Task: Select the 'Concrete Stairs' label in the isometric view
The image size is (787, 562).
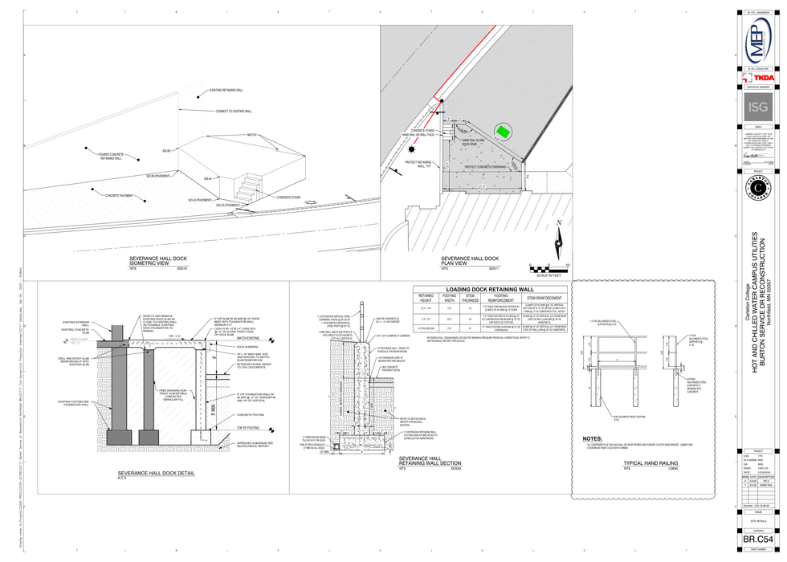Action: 289,197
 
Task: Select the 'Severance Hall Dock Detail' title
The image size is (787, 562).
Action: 157,473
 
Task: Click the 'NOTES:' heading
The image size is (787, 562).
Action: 593,439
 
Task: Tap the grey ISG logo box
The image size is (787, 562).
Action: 758,107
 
